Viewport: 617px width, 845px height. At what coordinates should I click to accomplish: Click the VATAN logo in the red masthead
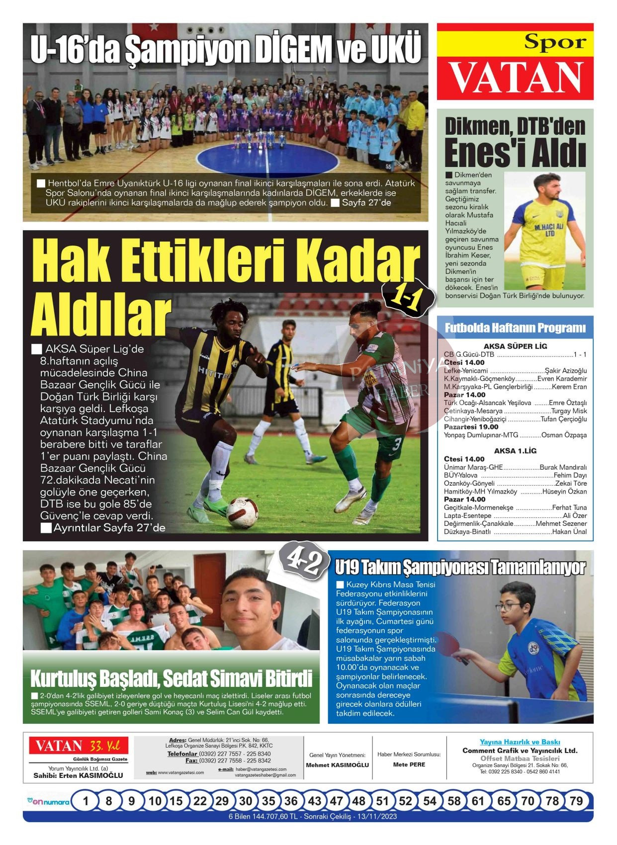pos(516,79)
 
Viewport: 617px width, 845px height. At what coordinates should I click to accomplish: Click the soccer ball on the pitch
pos(242,512)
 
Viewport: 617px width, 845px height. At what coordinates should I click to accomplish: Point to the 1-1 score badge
pos(408,298)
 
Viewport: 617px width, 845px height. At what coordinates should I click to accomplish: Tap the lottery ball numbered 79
pos(576,801)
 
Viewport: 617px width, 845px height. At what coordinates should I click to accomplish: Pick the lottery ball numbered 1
pos(86,801)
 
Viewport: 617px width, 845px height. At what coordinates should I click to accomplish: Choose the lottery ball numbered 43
pos(314,801)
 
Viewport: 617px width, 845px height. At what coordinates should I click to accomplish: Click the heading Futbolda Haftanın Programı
pos(515,328)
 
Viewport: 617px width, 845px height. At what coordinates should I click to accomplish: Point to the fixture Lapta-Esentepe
pos(460,515)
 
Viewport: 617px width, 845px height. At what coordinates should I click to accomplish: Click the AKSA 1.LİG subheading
pos(515,451)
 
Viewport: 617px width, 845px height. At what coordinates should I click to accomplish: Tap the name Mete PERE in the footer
pos(409,764)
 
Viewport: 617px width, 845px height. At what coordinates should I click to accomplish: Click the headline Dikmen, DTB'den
pos(515,127)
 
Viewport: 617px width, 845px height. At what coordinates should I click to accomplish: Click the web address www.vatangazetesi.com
pos(180,772)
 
